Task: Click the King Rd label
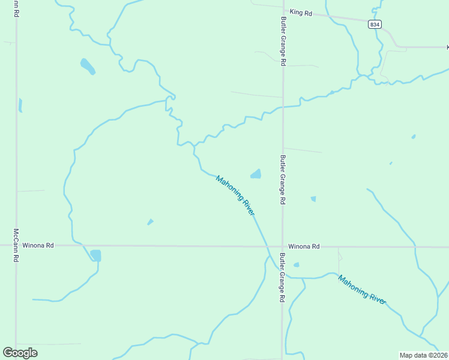(x=301, y=12)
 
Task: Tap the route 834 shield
(x=375, y=24)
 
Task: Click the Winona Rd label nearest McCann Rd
(x=38, y=245)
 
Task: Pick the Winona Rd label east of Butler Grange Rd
(x=304, y=247)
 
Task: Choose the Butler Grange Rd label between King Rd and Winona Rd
(x=283, y=180)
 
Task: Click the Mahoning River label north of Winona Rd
(x=236, y=196)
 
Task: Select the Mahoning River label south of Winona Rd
(x=362, y=290)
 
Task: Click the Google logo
(x=20, y=353)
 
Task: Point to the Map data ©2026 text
(x=423, y=355)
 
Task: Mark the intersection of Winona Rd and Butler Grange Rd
(x=283, y=246)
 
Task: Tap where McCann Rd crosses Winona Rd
(x=16, y=245)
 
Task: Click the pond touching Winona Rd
(x=95, y=255)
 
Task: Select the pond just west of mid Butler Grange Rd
(x=256, y=174)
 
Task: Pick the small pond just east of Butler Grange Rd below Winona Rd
(x=296, y=265)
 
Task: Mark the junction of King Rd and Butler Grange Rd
(x=283, y=13)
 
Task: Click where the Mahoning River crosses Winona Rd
(x=267, y=246)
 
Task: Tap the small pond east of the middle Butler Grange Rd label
(x=313, y=199)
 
